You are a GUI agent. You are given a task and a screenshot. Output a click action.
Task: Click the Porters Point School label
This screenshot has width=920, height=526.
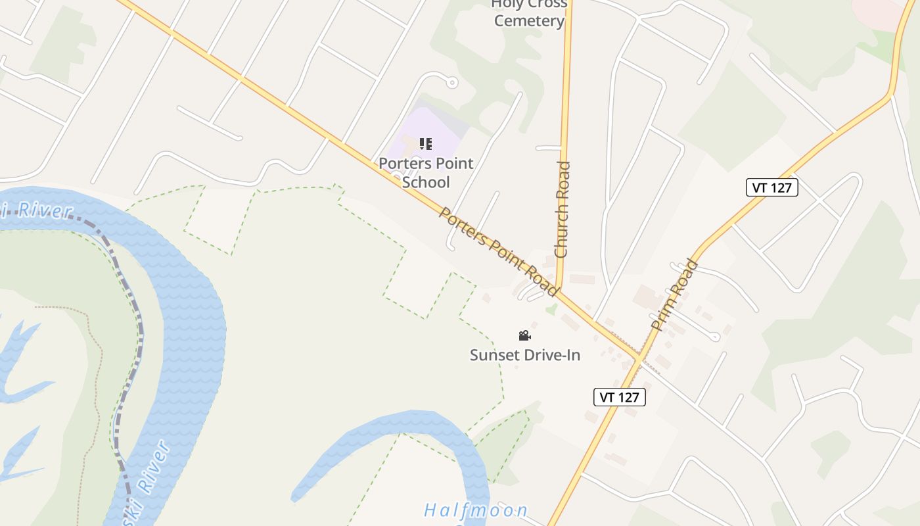pyautogui.click(x=426, y=172)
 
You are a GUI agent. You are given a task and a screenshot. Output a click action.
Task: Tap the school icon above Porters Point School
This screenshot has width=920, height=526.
pyautogui.click(x=426, y=143)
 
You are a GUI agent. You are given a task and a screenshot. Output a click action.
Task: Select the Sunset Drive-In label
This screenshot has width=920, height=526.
pyautogui.click(x=525, y=355)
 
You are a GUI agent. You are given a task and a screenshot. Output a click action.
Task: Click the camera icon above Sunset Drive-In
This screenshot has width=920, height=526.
pyautogui.click(x=524, y=336)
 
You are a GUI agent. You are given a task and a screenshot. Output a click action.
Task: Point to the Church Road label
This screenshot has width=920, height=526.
pyautogui.click(x=562, y=209)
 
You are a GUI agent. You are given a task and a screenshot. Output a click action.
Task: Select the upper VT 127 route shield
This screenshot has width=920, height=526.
pyautogui.click(x=772, y=187)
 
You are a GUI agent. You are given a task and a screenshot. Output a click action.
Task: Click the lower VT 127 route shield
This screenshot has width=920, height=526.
pyautogui.click(x=620, y=397)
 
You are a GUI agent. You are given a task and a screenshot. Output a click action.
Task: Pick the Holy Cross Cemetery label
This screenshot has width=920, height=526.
pyautogui.click(x=529, y=12)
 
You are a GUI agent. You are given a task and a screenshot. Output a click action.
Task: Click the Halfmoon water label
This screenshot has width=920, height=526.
pyautogui.click(x=476, y=510)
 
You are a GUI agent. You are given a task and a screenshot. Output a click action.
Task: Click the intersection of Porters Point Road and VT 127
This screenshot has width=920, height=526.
pyautogui.click(x=638, y=358)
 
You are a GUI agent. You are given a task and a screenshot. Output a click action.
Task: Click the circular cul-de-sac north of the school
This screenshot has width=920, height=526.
pyautogui.click(x=451, y=83)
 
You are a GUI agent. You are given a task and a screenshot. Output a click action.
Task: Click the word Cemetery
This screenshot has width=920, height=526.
pyautogui.click(x=529, y=21)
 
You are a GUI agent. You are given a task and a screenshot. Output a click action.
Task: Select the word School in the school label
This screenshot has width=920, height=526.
pyautogui.click(x=426, y=182)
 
